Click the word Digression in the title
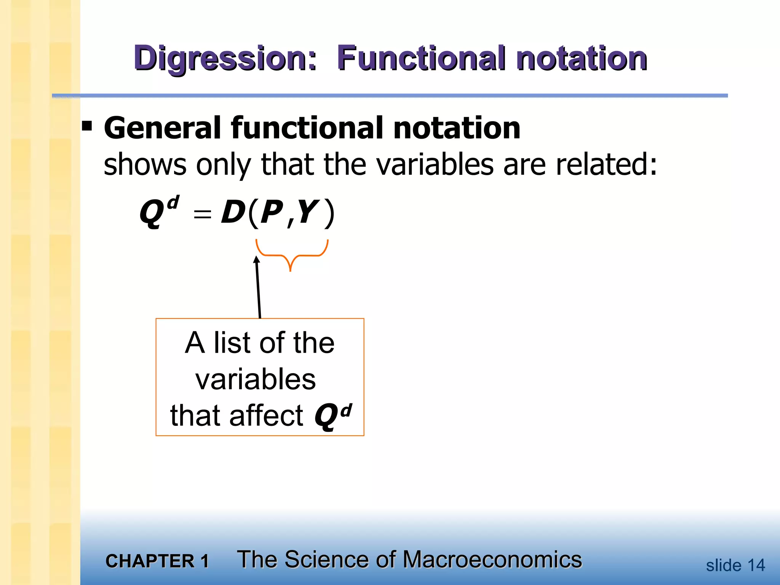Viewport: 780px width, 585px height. (x=225, y=59)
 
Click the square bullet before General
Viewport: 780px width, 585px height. (x=87, y=126)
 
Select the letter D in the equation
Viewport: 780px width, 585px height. (x=233, y=213)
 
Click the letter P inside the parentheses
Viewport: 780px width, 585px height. (x=272, y=213)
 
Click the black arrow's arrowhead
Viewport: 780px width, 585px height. (x=257, y=260)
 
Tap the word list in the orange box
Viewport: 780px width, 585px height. (x=232, y=343)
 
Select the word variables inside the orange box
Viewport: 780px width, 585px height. (x=256, y=379)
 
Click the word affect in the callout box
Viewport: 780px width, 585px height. (x=266, y=416)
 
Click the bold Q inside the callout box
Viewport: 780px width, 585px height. (x=326, y=416)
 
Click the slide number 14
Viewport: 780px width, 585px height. (x=756, y=566)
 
